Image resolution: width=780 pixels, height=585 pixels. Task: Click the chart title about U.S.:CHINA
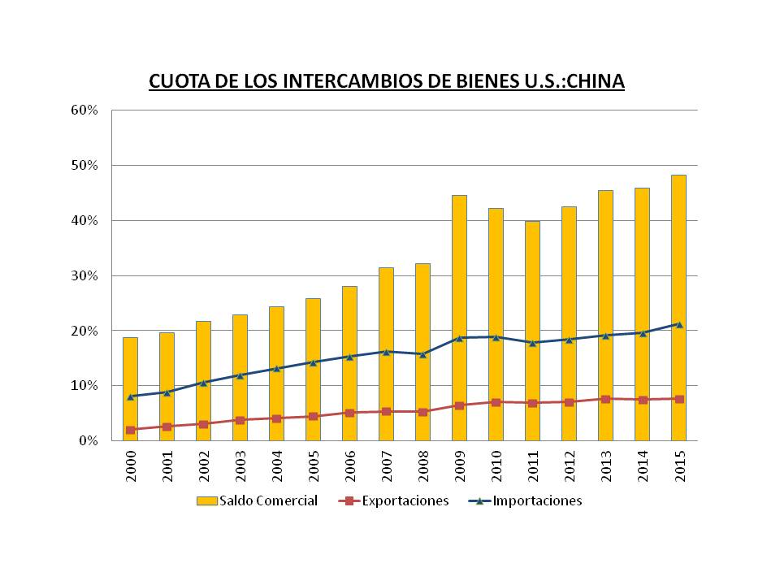click(x=386, y=82)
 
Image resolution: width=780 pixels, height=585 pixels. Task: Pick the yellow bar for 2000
click(x=130, y=366)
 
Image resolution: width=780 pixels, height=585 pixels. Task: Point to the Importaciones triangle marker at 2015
click(x=678, y=324)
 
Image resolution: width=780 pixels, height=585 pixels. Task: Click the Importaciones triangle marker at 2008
click(x=422, y=354)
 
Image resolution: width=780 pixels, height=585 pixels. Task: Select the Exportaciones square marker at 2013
click(x=605, y=399)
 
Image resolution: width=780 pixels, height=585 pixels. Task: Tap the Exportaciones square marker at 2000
click(x=130, y=430)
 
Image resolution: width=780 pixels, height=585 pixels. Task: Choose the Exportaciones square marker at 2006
click(x=349, y=413)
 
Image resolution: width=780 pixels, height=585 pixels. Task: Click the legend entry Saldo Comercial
click(x=257, y=500)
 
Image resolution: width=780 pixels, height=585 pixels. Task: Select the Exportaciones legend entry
click(x=394, y=500)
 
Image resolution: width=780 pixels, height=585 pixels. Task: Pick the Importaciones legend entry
click(x=526, y=500)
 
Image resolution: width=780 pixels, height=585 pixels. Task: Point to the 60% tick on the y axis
click(x=89, y=110)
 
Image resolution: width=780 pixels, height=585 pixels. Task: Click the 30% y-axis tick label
click(x=89, y=275)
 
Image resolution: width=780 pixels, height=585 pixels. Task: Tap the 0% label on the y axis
click(x=92, y=440)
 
